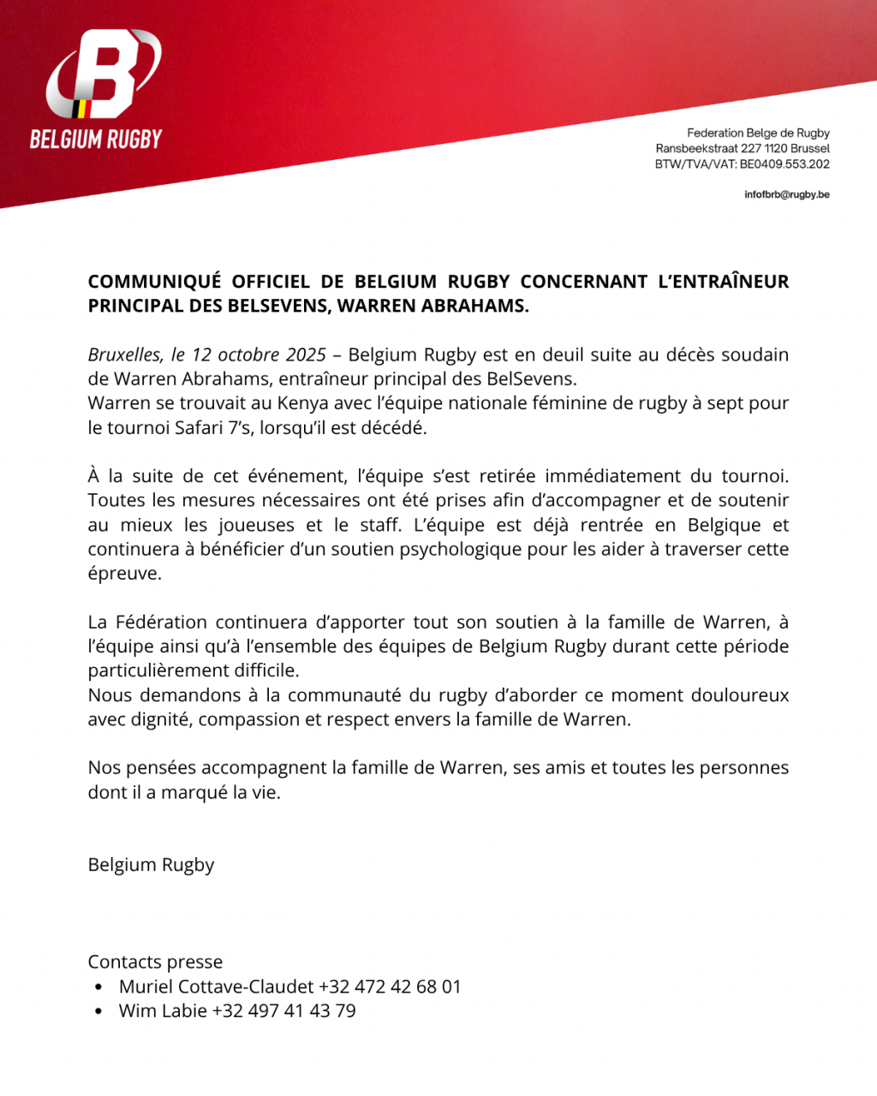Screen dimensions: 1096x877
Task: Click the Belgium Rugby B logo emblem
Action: pyautogui.click(x=103, y=75)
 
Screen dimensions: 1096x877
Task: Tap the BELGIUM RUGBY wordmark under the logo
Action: pyautogui.click(x=96, y=140)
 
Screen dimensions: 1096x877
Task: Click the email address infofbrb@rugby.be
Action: pyautogui.click(x=786, y=194)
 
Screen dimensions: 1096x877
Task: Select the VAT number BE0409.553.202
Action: pyautogui.click(x=785, y=164)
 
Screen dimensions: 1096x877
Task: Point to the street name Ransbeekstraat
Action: pyautogui.click(x=696, y=149)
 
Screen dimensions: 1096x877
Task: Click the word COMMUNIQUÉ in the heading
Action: pyautogui.click(x=154, y=282)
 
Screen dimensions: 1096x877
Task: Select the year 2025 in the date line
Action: pyautogui.click(x=306, y=354)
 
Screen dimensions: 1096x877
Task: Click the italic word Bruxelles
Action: pyautogui.click(x=125, y=354)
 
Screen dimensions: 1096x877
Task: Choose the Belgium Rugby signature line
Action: pyautogui.click(x=151, y=865)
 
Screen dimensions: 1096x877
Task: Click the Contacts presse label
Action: pyautogui.click(x=155, y=962)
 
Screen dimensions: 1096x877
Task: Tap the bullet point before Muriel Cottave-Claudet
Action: pyautogui.click(x=99, y=987)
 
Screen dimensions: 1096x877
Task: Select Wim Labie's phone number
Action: pyautogui.click(x=283, y=1011)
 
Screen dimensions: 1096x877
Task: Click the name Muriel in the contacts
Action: pyautogui.click(x=145, y=986)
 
